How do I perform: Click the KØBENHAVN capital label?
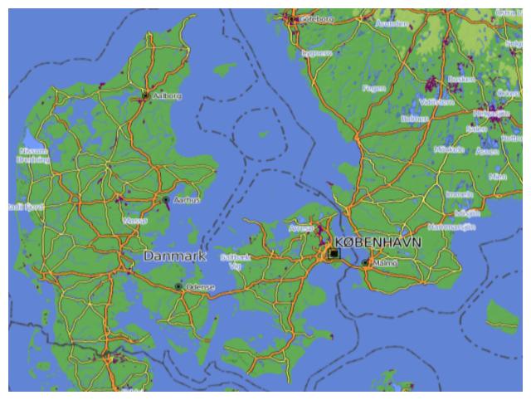click(385, 241)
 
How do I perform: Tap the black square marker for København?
click(334, 253)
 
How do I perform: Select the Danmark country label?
click(174, 256)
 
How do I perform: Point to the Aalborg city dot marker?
click(145, 96)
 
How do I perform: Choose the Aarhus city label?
click(186, 201)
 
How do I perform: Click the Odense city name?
click(200, 287)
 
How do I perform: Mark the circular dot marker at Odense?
click(178, 286)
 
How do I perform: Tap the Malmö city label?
click(385, 263)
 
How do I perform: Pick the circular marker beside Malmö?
click(366, 263)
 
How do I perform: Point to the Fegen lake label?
click(374, 87)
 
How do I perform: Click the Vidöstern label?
click(436, 101)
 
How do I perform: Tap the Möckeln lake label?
click(449, 149)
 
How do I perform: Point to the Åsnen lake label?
click(488, 152)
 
